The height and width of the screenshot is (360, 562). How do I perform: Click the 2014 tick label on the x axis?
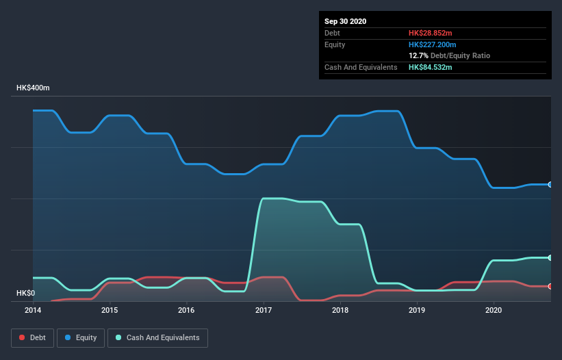pyautogui.click(x=33, y=310)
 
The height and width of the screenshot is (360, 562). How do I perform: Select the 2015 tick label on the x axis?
pyautogui.click(x=110, y=310)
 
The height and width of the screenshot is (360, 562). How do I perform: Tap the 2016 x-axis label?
pyautogui.click(x=186, y=310)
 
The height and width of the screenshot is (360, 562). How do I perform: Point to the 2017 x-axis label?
pyautogui.click(x=263, y=310)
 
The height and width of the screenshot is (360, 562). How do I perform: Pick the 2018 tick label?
pyautogui.click(x=340, y=310)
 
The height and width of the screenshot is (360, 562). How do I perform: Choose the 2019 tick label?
pyautogui.click(x=416, y=310)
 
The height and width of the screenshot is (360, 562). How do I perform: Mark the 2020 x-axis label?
pyautogui.click(x=493, y=310)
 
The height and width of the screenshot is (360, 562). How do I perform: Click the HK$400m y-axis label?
pyautogui.click(x=34, y=88)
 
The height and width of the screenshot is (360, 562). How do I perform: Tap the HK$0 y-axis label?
pyautogui.click(x=25, y=294)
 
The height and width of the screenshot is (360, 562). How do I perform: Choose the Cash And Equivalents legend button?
pyautogui.click(x=157, y=337)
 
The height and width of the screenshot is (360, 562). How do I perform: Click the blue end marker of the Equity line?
pyautogui.click(x=550, y=185)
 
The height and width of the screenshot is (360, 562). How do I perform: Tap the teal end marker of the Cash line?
pyautogui.click(x=550, y=258)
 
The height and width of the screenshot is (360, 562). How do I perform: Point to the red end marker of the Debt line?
pyautogui.click(x=550, y=286)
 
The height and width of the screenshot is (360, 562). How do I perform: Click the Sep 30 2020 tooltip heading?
pyautogui.click(x=346, y=21)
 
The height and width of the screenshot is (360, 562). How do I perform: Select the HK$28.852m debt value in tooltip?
pyautogui.click(x=431, y=33)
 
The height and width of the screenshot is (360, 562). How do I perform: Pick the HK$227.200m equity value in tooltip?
pyautogui.click(x=433, y=44)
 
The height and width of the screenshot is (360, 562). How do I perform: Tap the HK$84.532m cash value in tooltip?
pyautogui.click(x=431, y=67)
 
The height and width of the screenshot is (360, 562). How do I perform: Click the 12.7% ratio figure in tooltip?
pyautogui.click(x=418, y=55)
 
